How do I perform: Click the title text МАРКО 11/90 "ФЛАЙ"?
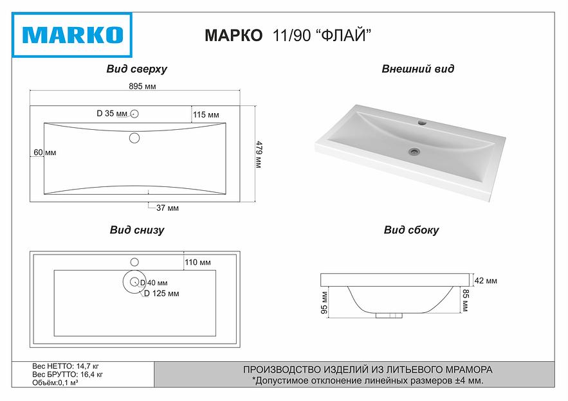click(288, 37)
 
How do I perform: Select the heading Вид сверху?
click(136, 69)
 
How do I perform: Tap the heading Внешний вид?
click(417, 69)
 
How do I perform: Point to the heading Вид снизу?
click(136, 230)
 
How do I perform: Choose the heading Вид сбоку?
click(411, 230)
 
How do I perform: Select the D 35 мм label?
click(112, 114)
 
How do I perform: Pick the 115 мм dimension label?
click(206, 114)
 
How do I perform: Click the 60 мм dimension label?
click(45, 152)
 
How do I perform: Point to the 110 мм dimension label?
click(198, 262)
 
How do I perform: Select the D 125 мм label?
click(161, 293)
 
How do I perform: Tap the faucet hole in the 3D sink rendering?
click(423, 121)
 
